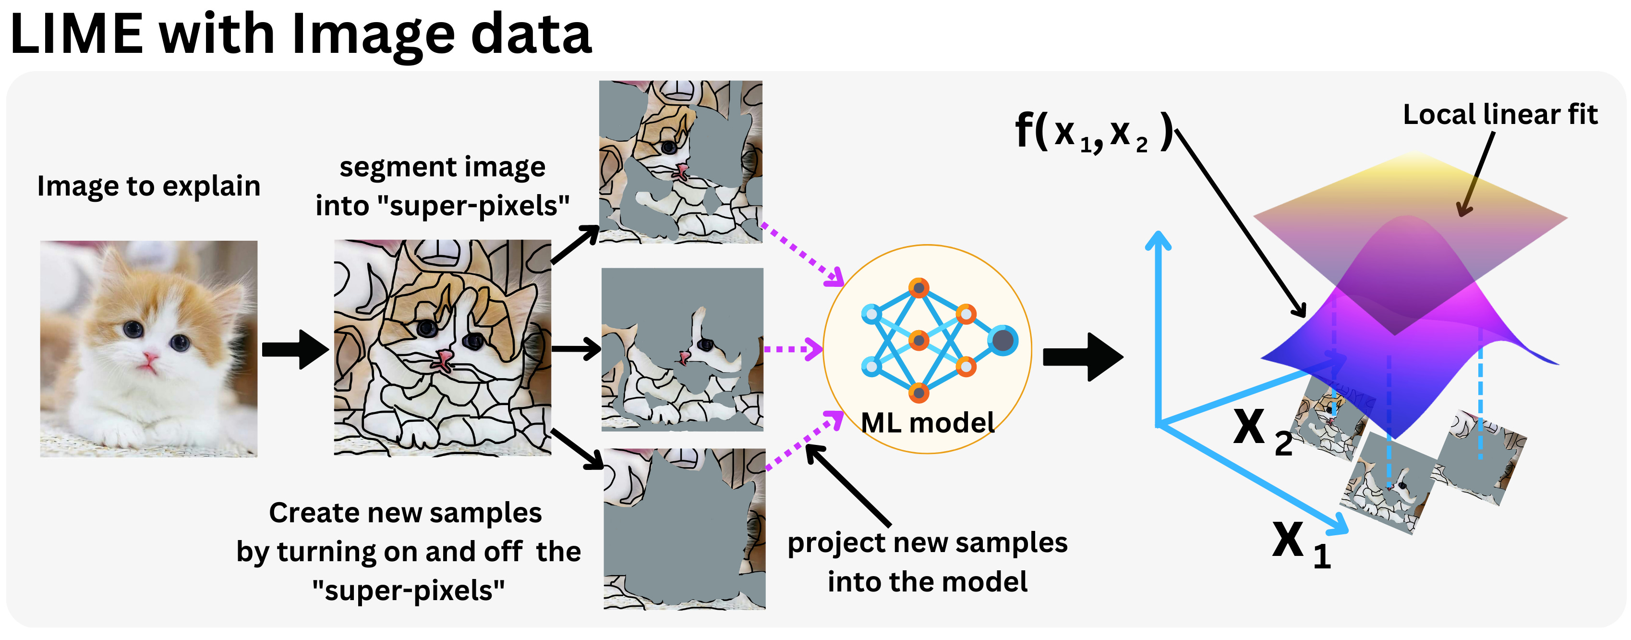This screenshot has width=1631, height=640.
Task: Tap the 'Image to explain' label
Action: pos(149,186)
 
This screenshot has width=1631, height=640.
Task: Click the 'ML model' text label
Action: pos(928,423)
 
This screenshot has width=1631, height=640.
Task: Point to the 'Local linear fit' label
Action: pos(1500,115)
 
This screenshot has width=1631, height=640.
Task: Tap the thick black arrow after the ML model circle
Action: pos(1083,357)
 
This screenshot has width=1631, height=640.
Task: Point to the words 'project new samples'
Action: pos(927,543)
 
